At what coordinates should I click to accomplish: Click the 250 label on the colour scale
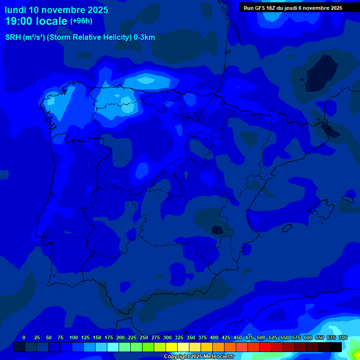[144, 337]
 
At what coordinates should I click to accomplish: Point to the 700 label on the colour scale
[343, 337]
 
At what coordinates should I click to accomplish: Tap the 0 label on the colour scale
[24, 337]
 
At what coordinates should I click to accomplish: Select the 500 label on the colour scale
[261, 337]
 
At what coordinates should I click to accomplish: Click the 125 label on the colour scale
[85, 337]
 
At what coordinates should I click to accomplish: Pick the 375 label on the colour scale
[202, 337]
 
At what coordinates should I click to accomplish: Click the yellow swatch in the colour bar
[172, 347]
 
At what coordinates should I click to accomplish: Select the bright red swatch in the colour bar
[265, 347]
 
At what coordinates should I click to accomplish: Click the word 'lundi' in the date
[15, 10]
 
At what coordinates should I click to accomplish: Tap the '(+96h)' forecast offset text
[82, 21]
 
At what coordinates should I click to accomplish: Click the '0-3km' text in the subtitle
[144, 37]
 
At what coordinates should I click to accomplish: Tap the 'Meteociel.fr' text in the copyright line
[218, 357]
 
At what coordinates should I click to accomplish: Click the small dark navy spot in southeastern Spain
[217, 230]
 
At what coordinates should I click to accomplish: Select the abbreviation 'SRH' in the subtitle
[13, 37]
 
